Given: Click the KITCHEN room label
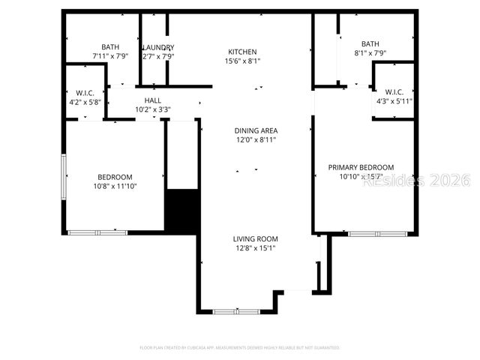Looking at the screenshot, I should (x=243, y=52).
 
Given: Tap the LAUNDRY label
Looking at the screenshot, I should (x=158, y=47).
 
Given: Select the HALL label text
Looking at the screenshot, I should (x=152, y=100).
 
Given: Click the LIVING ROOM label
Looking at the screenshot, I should (x=255, y=239).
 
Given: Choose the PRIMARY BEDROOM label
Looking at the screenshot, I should (x=361, y=167).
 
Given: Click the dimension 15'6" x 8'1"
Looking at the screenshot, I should (x=243, y=61).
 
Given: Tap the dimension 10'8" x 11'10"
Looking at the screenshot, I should (x=115, y=186).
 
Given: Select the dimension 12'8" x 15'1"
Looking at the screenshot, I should (x=255, y=248).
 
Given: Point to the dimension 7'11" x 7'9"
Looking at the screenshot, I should (x=110, y=56).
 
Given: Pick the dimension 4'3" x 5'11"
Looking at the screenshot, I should (x=394, y=101).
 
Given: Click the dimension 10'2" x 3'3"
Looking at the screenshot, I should (x=152, y=109).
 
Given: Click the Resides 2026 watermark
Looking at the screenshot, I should (x=415, y=181).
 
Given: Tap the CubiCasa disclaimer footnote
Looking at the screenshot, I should (x=240, y=348).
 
